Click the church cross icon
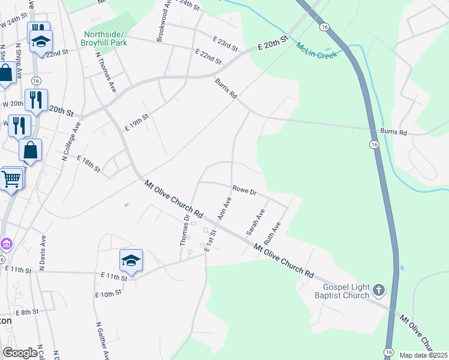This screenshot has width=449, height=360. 378,290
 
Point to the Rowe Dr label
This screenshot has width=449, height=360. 245,191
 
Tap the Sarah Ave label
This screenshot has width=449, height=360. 255,222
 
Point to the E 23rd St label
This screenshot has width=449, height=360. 226,42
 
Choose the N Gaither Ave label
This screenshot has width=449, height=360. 101,340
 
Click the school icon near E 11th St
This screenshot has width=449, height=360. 131,261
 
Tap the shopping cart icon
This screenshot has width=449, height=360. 11,178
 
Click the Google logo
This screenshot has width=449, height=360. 20,353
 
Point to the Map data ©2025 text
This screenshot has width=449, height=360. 423,355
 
